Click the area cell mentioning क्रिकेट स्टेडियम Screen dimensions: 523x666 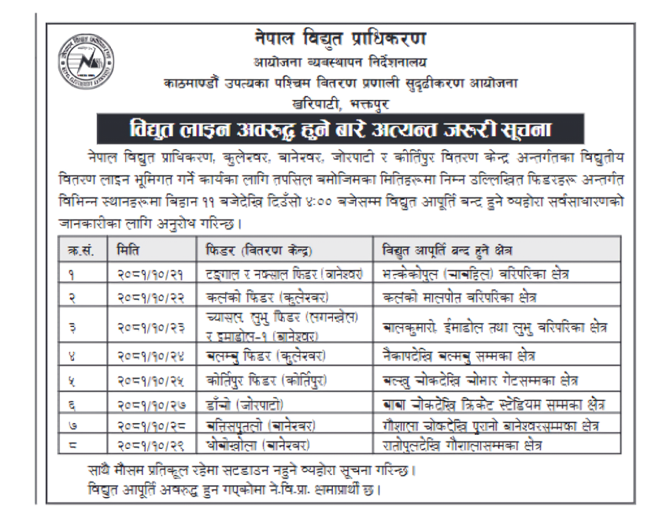pos(493,405)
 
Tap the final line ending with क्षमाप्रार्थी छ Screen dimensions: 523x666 pos(235,491)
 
